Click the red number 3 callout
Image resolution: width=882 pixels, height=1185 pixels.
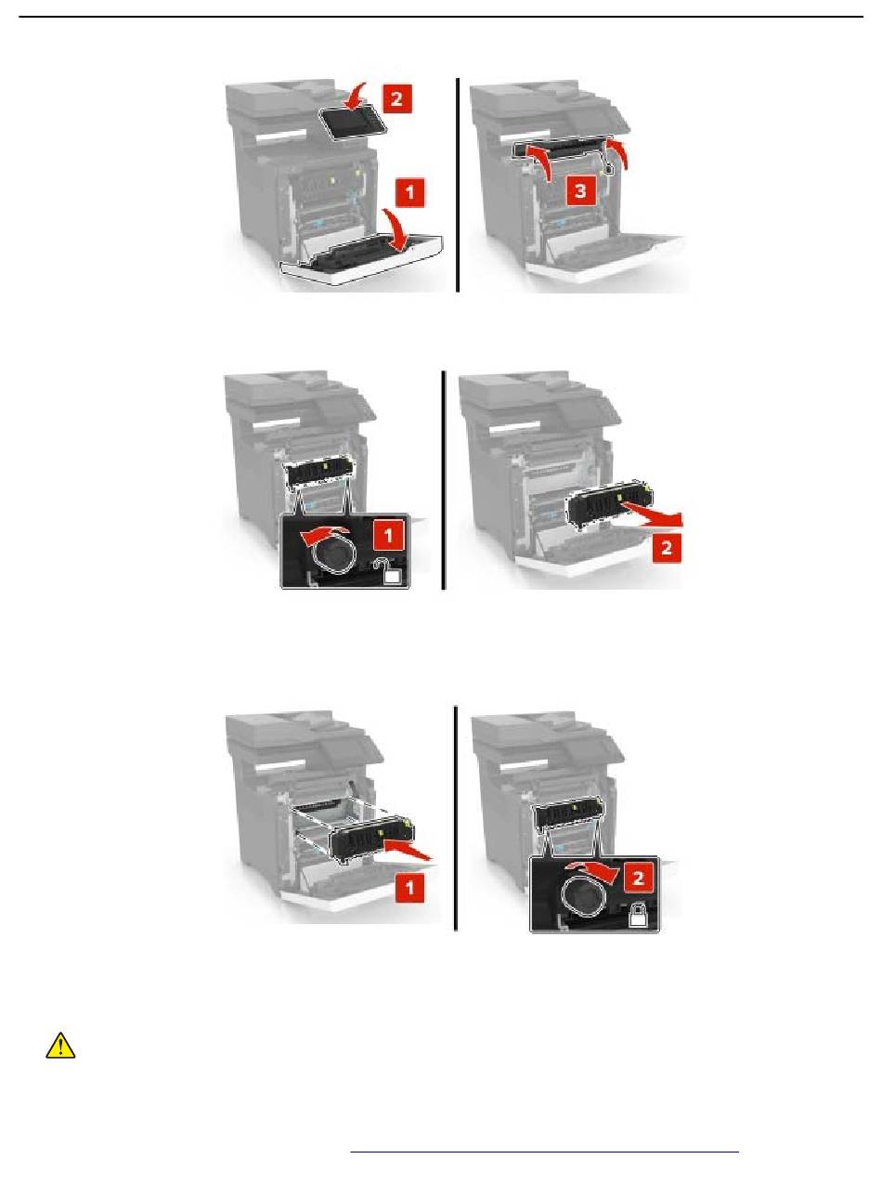pyautogui.click(x=580, y=190)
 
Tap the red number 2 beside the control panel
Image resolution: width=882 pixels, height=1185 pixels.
pyautogui.click(x=396, y=98)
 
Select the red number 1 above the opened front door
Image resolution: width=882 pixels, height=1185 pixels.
pyautogui.click(x=409, y=192)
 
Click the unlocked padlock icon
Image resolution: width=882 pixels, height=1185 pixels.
pyautogui.click(x=391, y=572)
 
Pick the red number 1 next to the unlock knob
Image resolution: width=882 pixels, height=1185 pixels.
pyautogui.click(x=388, y=535)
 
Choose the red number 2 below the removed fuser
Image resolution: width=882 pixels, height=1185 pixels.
pyautogui.click(x=667, y=548)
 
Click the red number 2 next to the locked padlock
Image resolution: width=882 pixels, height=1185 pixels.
pyautogui.click(x=637, y=878)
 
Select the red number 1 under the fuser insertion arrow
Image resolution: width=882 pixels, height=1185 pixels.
pyautogui.click(x=409, y=888)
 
